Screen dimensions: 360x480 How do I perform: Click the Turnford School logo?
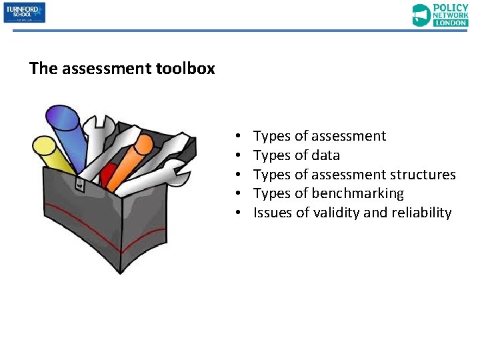tap(25, 13)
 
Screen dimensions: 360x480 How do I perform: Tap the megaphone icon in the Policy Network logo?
tap(421, 15)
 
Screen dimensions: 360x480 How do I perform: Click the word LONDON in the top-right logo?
tap(451, 22)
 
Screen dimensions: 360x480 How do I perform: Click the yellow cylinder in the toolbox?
tap(51, 153)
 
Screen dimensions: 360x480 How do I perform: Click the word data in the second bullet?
tap(325, 155)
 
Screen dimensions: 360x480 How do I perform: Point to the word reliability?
tap(421, 213)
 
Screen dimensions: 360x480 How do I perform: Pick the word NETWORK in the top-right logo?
tap(451, 14)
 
